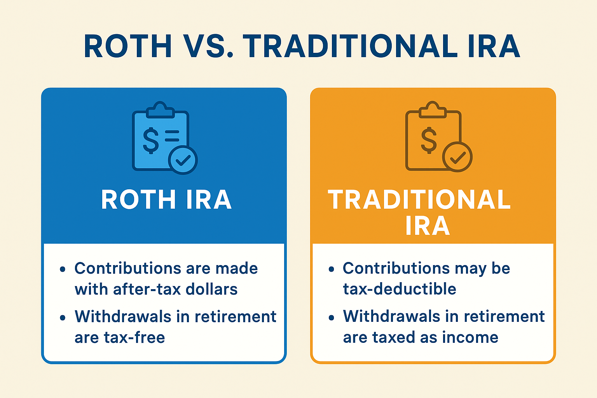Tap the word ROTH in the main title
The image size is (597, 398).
pyautogui.click(x=128, y=46)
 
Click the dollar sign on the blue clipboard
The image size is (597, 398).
pyautogui.click(x=151, y=140)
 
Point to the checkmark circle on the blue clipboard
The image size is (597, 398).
pyautogui.click(x=183, y=160)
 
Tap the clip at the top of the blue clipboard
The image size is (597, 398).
pyautogui.click(x=160, y=110)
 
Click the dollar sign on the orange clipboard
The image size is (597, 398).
pyautogui.click(x=429, y=140)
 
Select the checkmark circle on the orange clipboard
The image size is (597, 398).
pyautogui.click(x=457, y=157)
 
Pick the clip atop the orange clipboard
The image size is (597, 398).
pyautogui.click(x=433, y=110)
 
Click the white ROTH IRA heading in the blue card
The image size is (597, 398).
pyautogui.click(x=167, y=199)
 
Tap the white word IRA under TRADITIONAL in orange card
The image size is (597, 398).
pyautogui.click(x=428, y=225)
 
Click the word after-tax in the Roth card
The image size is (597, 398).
pyautogui.click(x=147, y=290)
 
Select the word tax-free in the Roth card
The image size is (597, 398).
pyautogui.click(x=134, y=337)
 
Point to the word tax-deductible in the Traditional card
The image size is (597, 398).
pyautogui.click(x=400, y=289)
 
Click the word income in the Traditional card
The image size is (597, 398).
pyautogui.click(x=470, y=337)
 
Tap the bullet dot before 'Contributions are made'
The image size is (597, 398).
pyautogui.click(x=63, y=269)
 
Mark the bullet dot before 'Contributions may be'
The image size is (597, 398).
pyautogui.click(x=331, y=269)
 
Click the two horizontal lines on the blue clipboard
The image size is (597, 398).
pyautogui.click(x=172, y=136)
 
